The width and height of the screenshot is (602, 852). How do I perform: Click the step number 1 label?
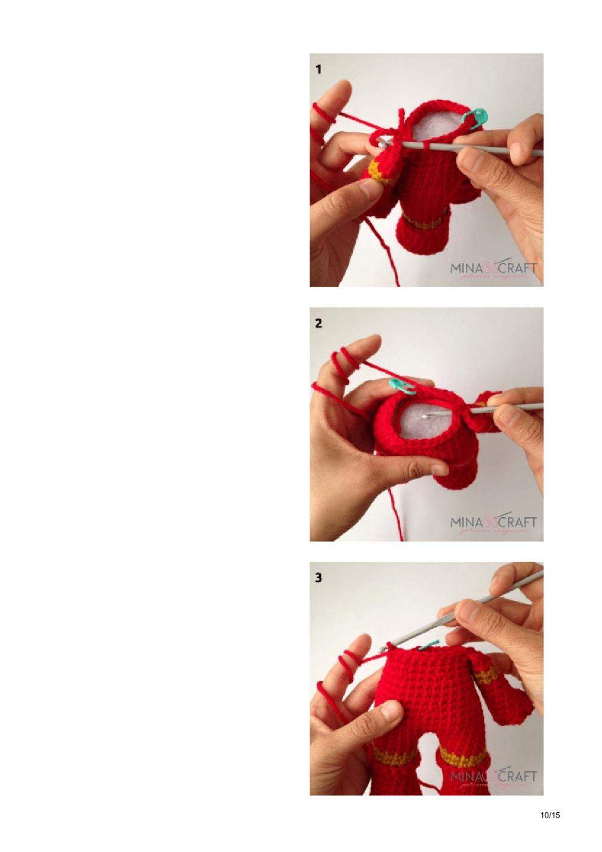tap(318, 69)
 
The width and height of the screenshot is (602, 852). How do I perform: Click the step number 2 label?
tap(318, 323)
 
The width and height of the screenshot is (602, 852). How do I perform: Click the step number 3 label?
tap(318, 577)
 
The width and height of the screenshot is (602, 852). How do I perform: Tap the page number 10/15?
tap(550, 815)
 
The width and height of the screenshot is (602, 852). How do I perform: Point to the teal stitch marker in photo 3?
tap(429, 645)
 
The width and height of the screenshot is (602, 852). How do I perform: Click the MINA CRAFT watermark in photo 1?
tap(494, 269)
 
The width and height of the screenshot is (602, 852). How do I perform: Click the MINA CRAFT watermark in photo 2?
tap(494, 523)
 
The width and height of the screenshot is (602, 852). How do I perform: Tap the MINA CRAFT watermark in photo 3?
tap(494, 777)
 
